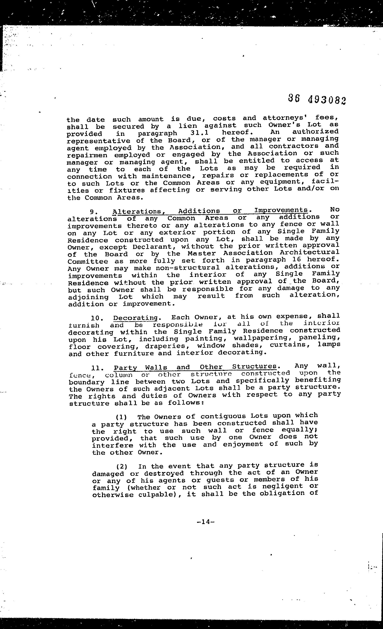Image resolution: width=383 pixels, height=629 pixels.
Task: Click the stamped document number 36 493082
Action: pyautogui.click(x=317, y=99)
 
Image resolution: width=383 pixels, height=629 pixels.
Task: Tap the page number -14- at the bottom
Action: pyautogui.click(x=206, y=522)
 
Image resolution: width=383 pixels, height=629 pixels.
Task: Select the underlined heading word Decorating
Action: pyautogui.click(x=135, y=318)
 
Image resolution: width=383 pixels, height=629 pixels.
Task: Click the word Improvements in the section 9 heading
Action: pyautogui.click(x=281, y=210)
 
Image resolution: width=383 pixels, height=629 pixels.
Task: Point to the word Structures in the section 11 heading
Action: pyautogui.click(x=254, y=367)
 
